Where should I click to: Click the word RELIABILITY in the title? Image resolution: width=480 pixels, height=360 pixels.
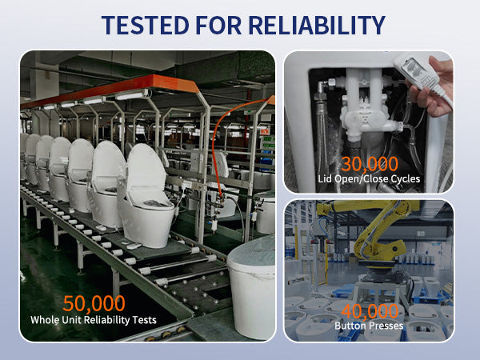click(317, 25)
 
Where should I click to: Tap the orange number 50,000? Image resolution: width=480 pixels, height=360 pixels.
click(94, 304)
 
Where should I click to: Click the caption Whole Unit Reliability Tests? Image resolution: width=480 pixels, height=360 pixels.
click(94, 321)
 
